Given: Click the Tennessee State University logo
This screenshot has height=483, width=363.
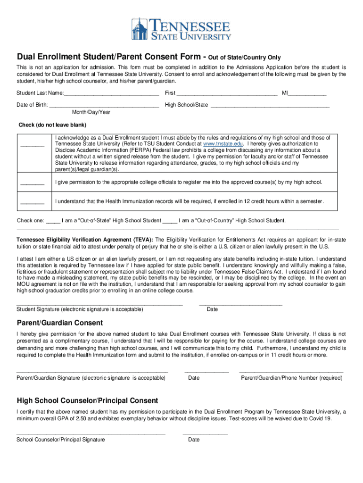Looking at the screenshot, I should [181, 29].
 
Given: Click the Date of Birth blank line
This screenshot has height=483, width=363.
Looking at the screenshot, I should [104, 105].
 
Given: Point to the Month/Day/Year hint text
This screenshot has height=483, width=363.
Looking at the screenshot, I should [91, 112].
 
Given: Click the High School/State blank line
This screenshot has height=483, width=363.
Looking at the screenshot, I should [269, 105].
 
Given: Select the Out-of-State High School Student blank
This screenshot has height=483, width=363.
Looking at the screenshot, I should [53, 221].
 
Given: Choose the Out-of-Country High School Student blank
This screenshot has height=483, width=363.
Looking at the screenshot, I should [170, 221].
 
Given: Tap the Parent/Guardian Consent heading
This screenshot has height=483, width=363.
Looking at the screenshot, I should [60, 323].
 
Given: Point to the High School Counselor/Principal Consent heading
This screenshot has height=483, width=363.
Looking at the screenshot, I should [87, 400].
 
